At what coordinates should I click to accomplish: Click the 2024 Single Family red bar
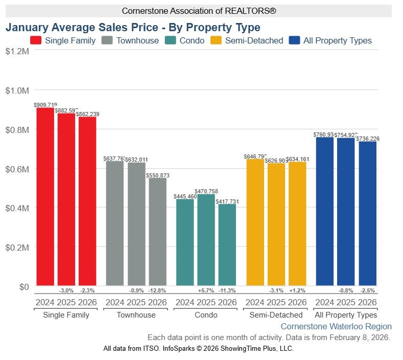click(45, 196)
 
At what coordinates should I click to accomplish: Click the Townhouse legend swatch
click(107, 40)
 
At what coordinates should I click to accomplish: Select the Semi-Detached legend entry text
click(254, 40)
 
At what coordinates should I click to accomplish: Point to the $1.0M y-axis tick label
click(17, 91)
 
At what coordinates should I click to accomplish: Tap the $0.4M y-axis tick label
click(17, 208)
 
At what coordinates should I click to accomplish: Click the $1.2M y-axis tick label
click(17, 51)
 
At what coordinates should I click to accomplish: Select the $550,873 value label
click(157, 175)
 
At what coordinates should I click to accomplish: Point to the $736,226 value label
click(368, 139)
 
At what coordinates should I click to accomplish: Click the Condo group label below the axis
click(206, 315)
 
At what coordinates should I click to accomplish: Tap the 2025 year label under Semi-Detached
click(276, 302)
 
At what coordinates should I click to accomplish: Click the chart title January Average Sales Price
click(133, 28)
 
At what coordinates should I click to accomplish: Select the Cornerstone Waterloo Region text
click(336, 326)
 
